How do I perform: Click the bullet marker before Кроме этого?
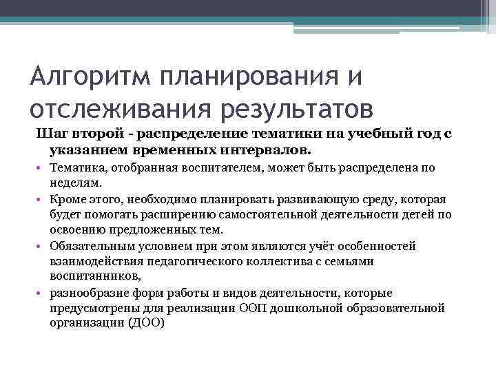[41, 200]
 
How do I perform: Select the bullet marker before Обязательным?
[41, 247]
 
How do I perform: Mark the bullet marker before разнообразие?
[41, 293]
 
